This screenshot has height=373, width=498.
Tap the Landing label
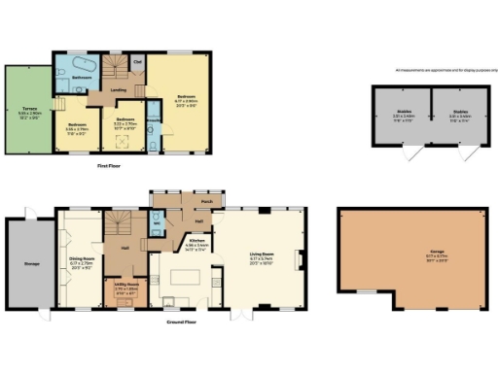pos(119,91)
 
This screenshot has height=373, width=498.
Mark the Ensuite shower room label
pos(153,121)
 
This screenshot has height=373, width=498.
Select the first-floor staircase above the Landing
pos(116,68)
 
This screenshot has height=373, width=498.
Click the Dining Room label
pos(80,259)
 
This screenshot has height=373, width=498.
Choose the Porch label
pos(206,203)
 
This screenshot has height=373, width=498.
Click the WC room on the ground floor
pos(158,224)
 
